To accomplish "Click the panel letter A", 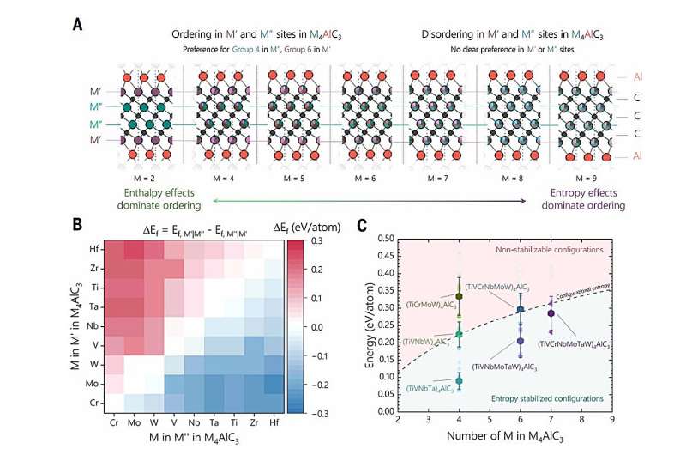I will pyautogui.click(x=78, y=26).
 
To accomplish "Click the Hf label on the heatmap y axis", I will pyautogui.click(x=94, y=249).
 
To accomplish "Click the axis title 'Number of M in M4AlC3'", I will pyautogui.click(x=505, y=441).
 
